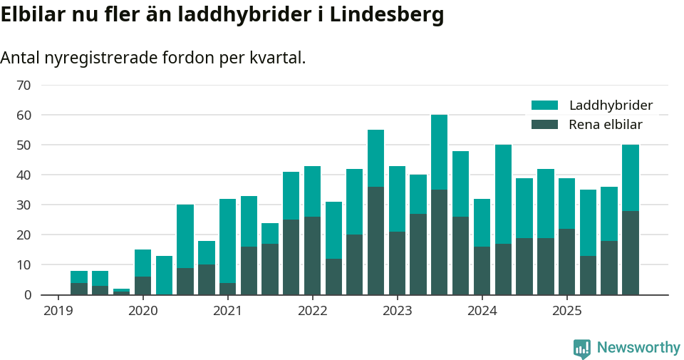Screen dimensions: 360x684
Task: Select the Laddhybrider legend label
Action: coord(611,106)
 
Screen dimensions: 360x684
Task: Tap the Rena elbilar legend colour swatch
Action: coord(545,125)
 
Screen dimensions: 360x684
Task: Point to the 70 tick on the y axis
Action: coord(24,86)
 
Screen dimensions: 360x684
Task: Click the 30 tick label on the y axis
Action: coord(24,205)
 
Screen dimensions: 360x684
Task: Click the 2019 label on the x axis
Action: coord(58,311)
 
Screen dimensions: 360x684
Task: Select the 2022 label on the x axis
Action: coord(312,311)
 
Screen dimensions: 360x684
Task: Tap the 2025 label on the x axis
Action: coord(566,311)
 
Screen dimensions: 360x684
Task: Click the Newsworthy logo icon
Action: coord(581,348)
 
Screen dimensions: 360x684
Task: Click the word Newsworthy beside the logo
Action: coord(638,348)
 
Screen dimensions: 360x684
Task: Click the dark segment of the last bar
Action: coord(630,252)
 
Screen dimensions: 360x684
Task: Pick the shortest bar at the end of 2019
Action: coord(121,292)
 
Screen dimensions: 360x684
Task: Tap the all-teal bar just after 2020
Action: coord(164,275)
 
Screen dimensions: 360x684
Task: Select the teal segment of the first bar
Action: coord(79,277)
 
